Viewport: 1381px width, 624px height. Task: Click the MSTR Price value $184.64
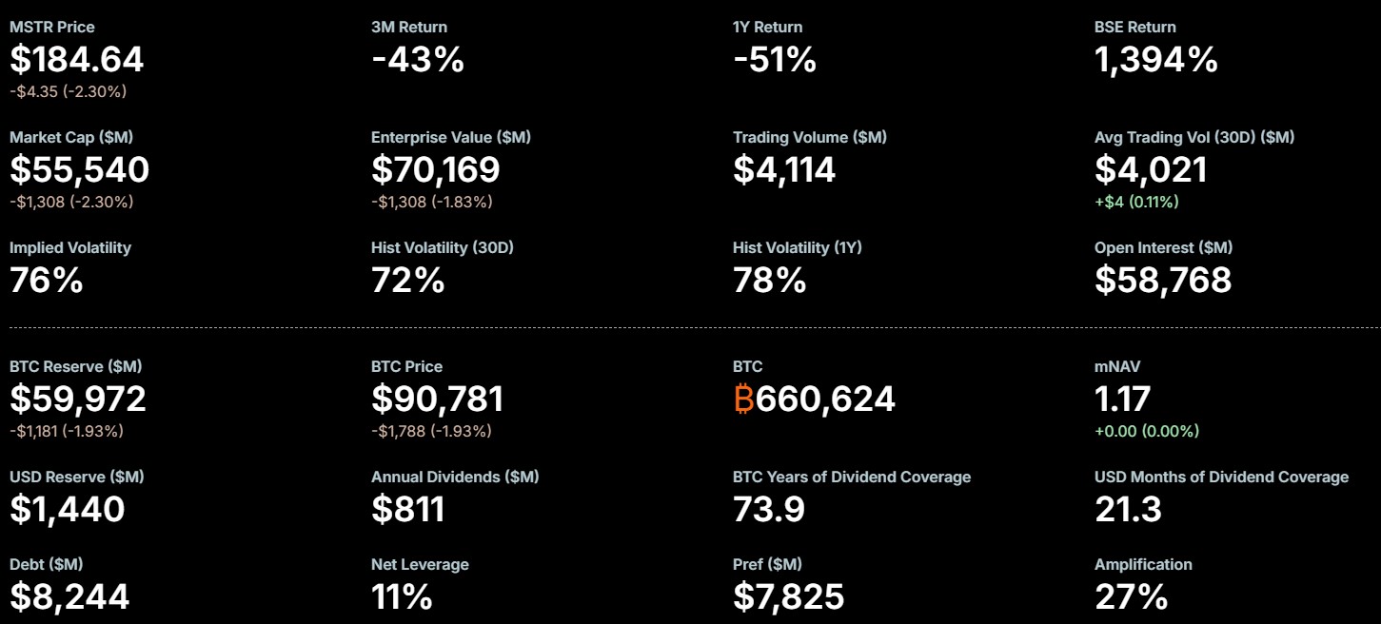[x=77, y=60]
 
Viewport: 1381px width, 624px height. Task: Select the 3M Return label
[x=409, y=27]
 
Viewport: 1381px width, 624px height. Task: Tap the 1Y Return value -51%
[x=775, y=60]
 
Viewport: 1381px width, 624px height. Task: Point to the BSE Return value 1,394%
[x=1156, y=60]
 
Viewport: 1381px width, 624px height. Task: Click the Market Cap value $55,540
[x=80, y=170]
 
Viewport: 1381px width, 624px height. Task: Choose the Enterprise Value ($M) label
[x=451, y=137]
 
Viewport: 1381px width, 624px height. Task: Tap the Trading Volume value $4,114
[x=784, y=170]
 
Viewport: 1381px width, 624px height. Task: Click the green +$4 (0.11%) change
[x=1136, y=202]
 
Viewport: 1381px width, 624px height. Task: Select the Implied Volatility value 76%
[x=47, y=281]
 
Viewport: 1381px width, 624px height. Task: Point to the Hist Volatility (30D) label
[x=443, y=247]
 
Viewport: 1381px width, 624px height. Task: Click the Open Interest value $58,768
[x=1163, y=281]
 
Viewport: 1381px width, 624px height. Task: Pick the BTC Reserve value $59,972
[x=78, y=400]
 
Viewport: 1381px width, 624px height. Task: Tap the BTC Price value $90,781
[x=437, y=400]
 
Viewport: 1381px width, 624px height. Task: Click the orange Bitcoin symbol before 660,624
[x=743, y=400]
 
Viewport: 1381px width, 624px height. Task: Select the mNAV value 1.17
[x=1123, y=400]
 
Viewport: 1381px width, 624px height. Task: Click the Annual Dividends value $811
[x=408, y=510]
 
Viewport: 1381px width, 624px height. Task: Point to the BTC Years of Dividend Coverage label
[x=852, y=477]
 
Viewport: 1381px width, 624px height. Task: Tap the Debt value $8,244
[x=69, y=597]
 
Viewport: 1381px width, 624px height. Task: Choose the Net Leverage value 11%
[x=402, y=597]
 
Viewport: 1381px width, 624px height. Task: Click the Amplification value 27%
[x=1131, y=597]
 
